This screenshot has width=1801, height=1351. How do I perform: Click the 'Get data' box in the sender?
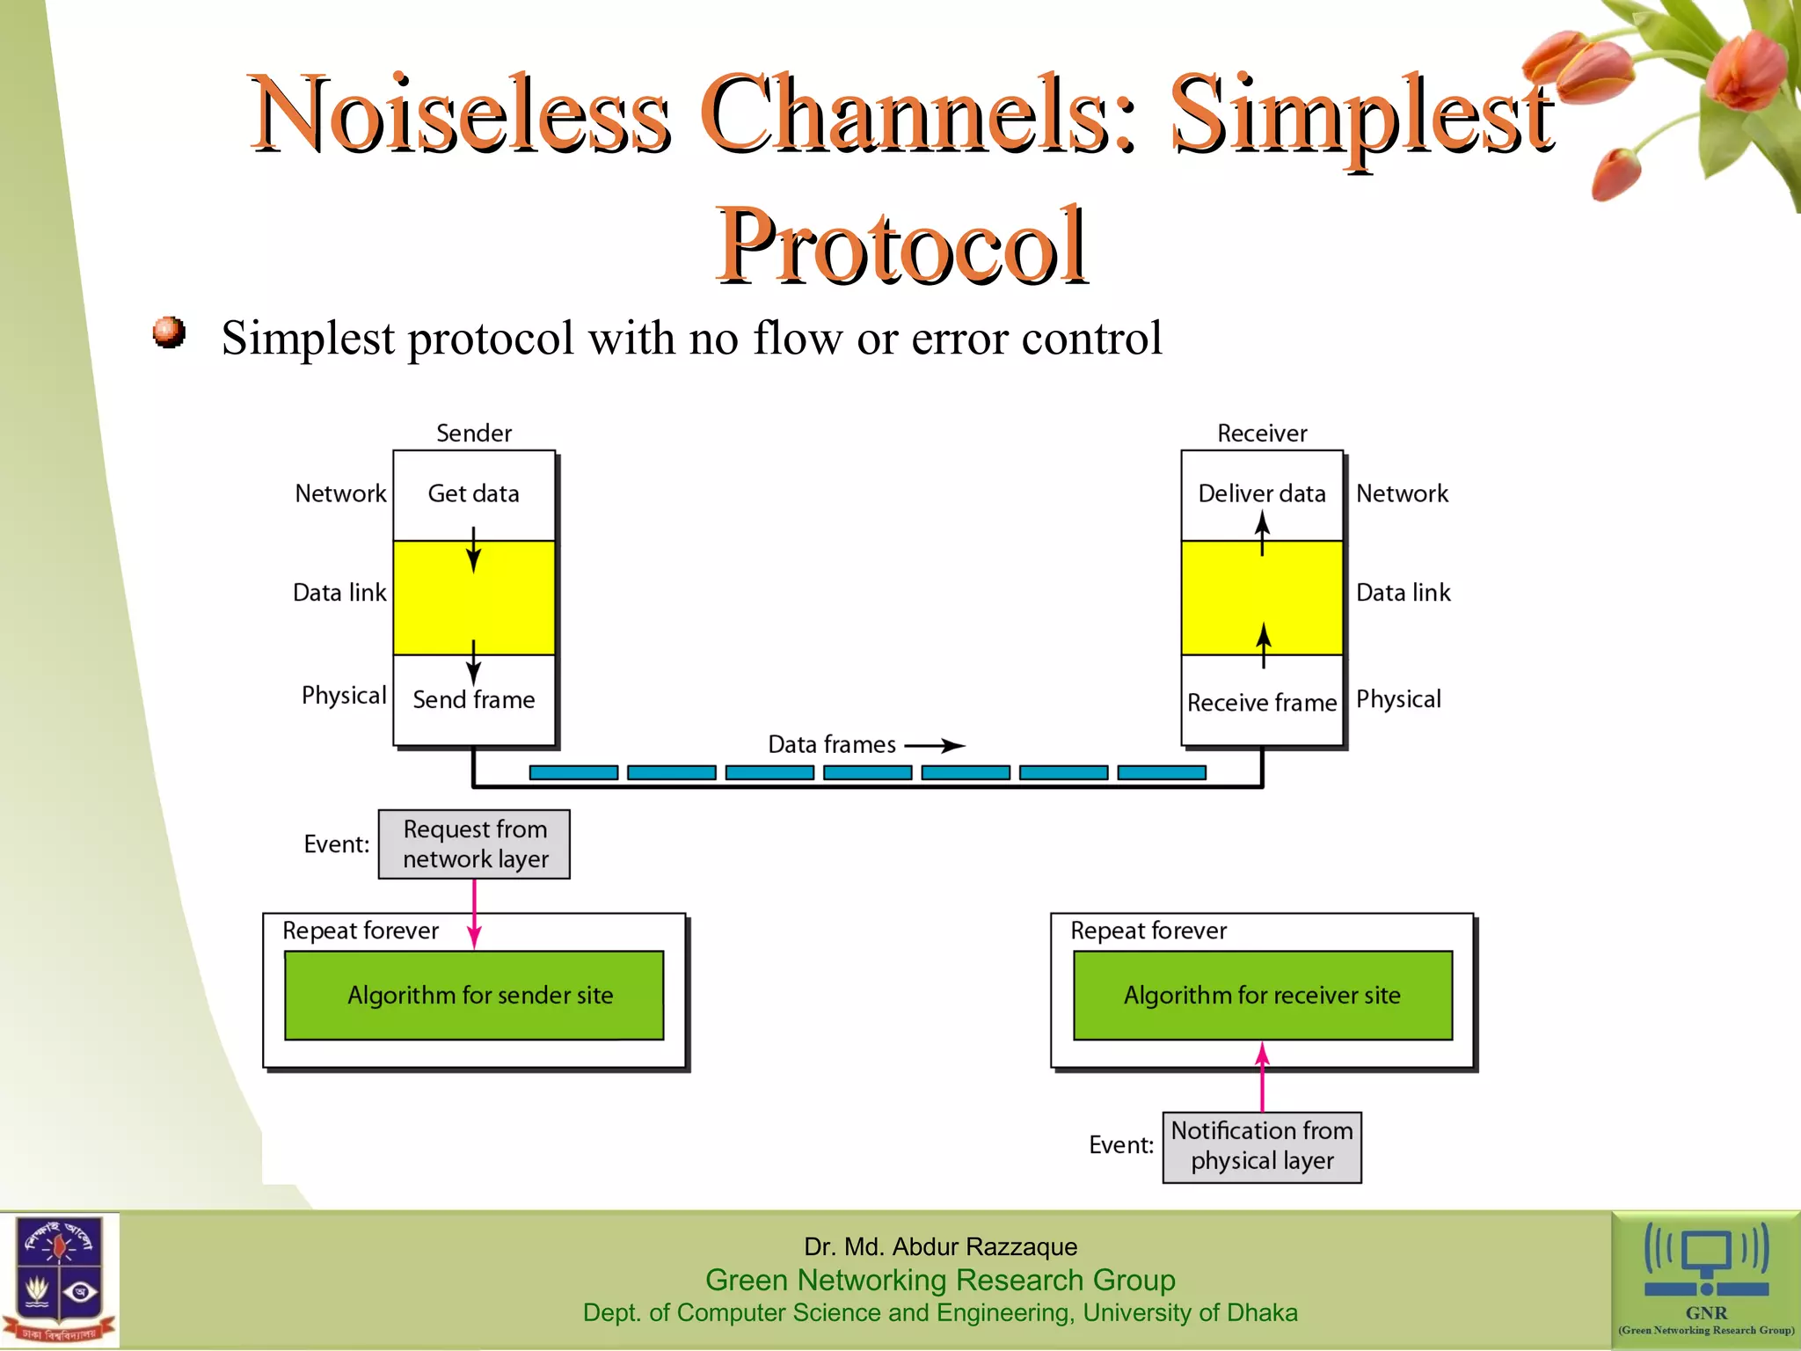(x=473, y=493)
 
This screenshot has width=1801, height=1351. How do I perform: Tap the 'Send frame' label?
(x=473, y=699)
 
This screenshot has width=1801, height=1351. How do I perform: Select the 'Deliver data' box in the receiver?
(x=1261, y=493)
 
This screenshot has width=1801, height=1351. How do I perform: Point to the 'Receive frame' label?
(x=1261, y=703)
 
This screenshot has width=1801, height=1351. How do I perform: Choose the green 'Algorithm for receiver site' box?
(x=1262, y=995)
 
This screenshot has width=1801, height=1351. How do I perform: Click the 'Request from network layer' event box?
(x=474, y=843)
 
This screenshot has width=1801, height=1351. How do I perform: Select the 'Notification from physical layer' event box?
(x=1261, y=1146)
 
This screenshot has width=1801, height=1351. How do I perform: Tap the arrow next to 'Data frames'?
(x=936, y=746)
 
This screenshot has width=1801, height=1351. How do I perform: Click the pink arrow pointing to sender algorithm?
(x=474, y=915)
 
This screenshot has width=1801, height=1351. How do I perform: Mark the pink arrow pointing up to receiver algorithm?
(x=1262, y=1077)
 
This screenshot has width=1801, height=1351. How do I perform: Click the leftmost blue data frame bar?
(x=573, y=772)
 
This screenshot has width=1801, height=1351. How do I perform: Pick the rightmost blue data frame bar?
(x=1161, y=772)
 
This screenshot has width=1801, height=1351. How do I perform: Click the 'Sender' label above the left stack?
(x=473, y=433)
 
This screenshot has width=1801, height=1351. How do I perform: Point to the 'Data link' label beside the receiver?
(x=1403, y=593)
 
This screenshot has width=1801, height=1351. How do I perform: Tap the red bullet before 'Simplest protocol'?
(x=169, y=333)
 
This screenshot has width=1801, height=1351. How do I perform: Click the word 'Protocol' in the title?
(x=900, y=245)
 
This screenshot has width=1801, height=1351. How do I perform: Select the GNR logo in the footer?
(x=1705, y=1280)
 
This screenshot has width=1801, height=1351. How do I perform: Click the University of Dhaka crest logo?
(x=60, y=1280)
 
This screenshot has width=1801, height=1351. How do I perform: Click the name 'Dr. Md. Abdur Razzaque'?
(x=940, y=1246)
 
